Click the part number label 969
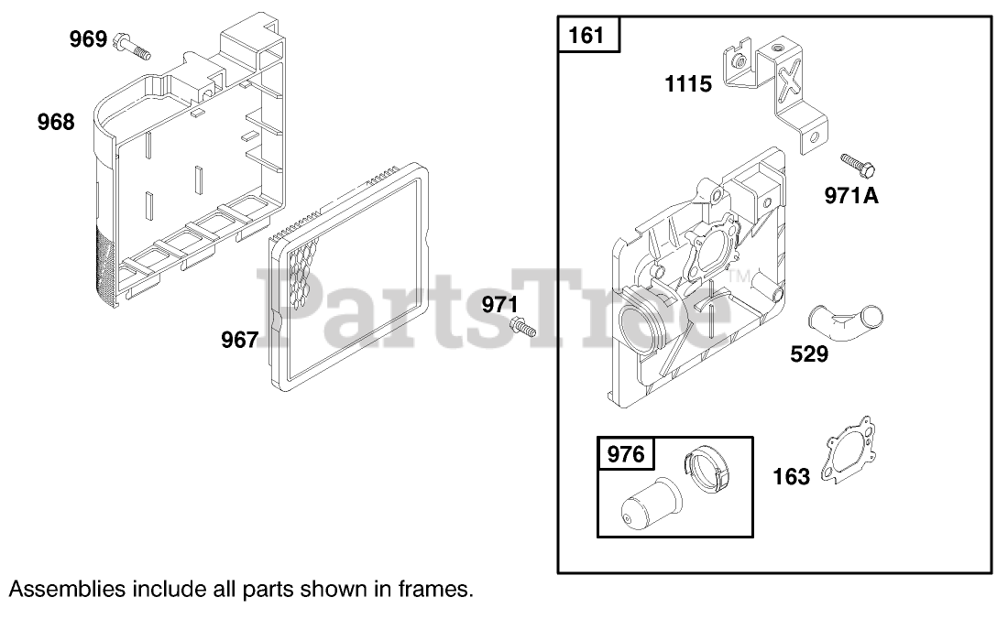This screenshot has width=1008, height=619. (88, 39)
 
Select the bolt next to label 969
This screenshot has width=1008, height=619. (132, 47)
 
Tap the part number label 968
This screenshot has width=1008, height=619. (56, 122)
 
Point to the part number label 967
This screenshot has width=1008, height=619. (240, 340)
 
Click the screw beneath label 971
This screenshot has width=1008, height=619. (522, 328)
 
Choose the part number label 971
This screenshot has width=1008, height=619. (500, 304)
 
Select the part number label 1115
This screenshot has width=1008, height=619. (688, 83)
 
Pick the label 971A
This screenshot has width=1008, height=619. (851, 195)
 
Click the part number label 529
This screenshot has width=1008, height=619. (809, 353)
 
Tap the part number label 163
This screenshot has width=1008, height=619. (792, 476)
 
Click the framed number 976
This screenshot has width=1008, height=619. (626, 454)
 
